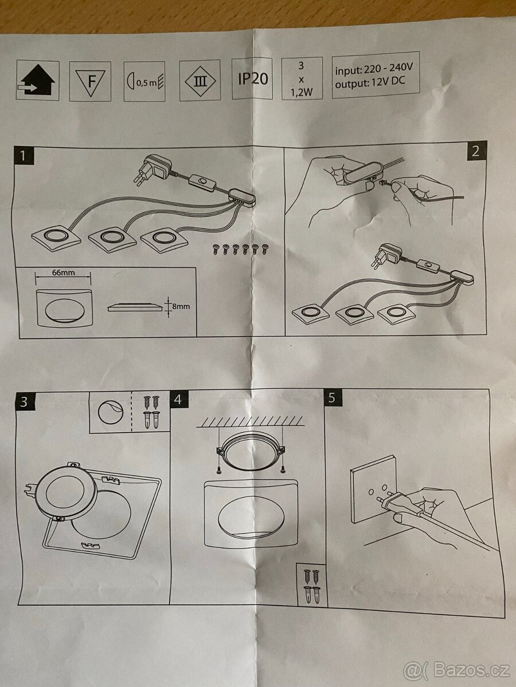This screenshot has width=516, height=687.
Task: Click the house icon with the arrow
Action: (x=37, y=80)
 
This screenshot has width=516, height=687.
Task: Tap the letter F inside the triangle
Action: (x=92, y=82)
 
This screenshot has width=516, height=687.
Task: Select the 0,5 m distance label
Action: (x=146, y=83)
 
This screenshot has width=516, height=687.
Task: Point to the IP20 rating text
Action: (x=253, y=78)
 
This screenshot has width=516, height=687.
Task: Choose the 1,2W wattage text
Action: (x=302, y=93)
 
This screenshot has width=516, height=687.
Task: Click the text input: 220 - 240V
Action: (x=374, y=69)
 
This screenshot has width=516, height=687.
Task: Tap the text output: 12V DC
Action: (x=370, y=82)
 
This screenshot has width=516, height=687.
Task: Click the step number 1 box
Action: (x=23, y=156)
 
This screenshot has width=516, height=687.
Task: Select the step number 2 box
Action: (x=476, y=151)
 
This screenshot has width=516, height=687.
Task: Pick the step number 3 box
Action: (x=25, y=402)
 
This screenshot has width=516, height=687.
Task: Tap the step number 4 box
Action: (x=178, y=400)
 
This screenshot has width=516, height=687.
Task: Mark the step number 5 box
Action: (x=333, y=398)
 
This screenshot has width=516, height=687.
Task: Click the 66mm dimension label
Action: (x=63, y=273)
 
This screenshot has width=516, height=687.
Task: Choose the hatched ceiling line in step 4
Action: (x=250, y=421)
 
